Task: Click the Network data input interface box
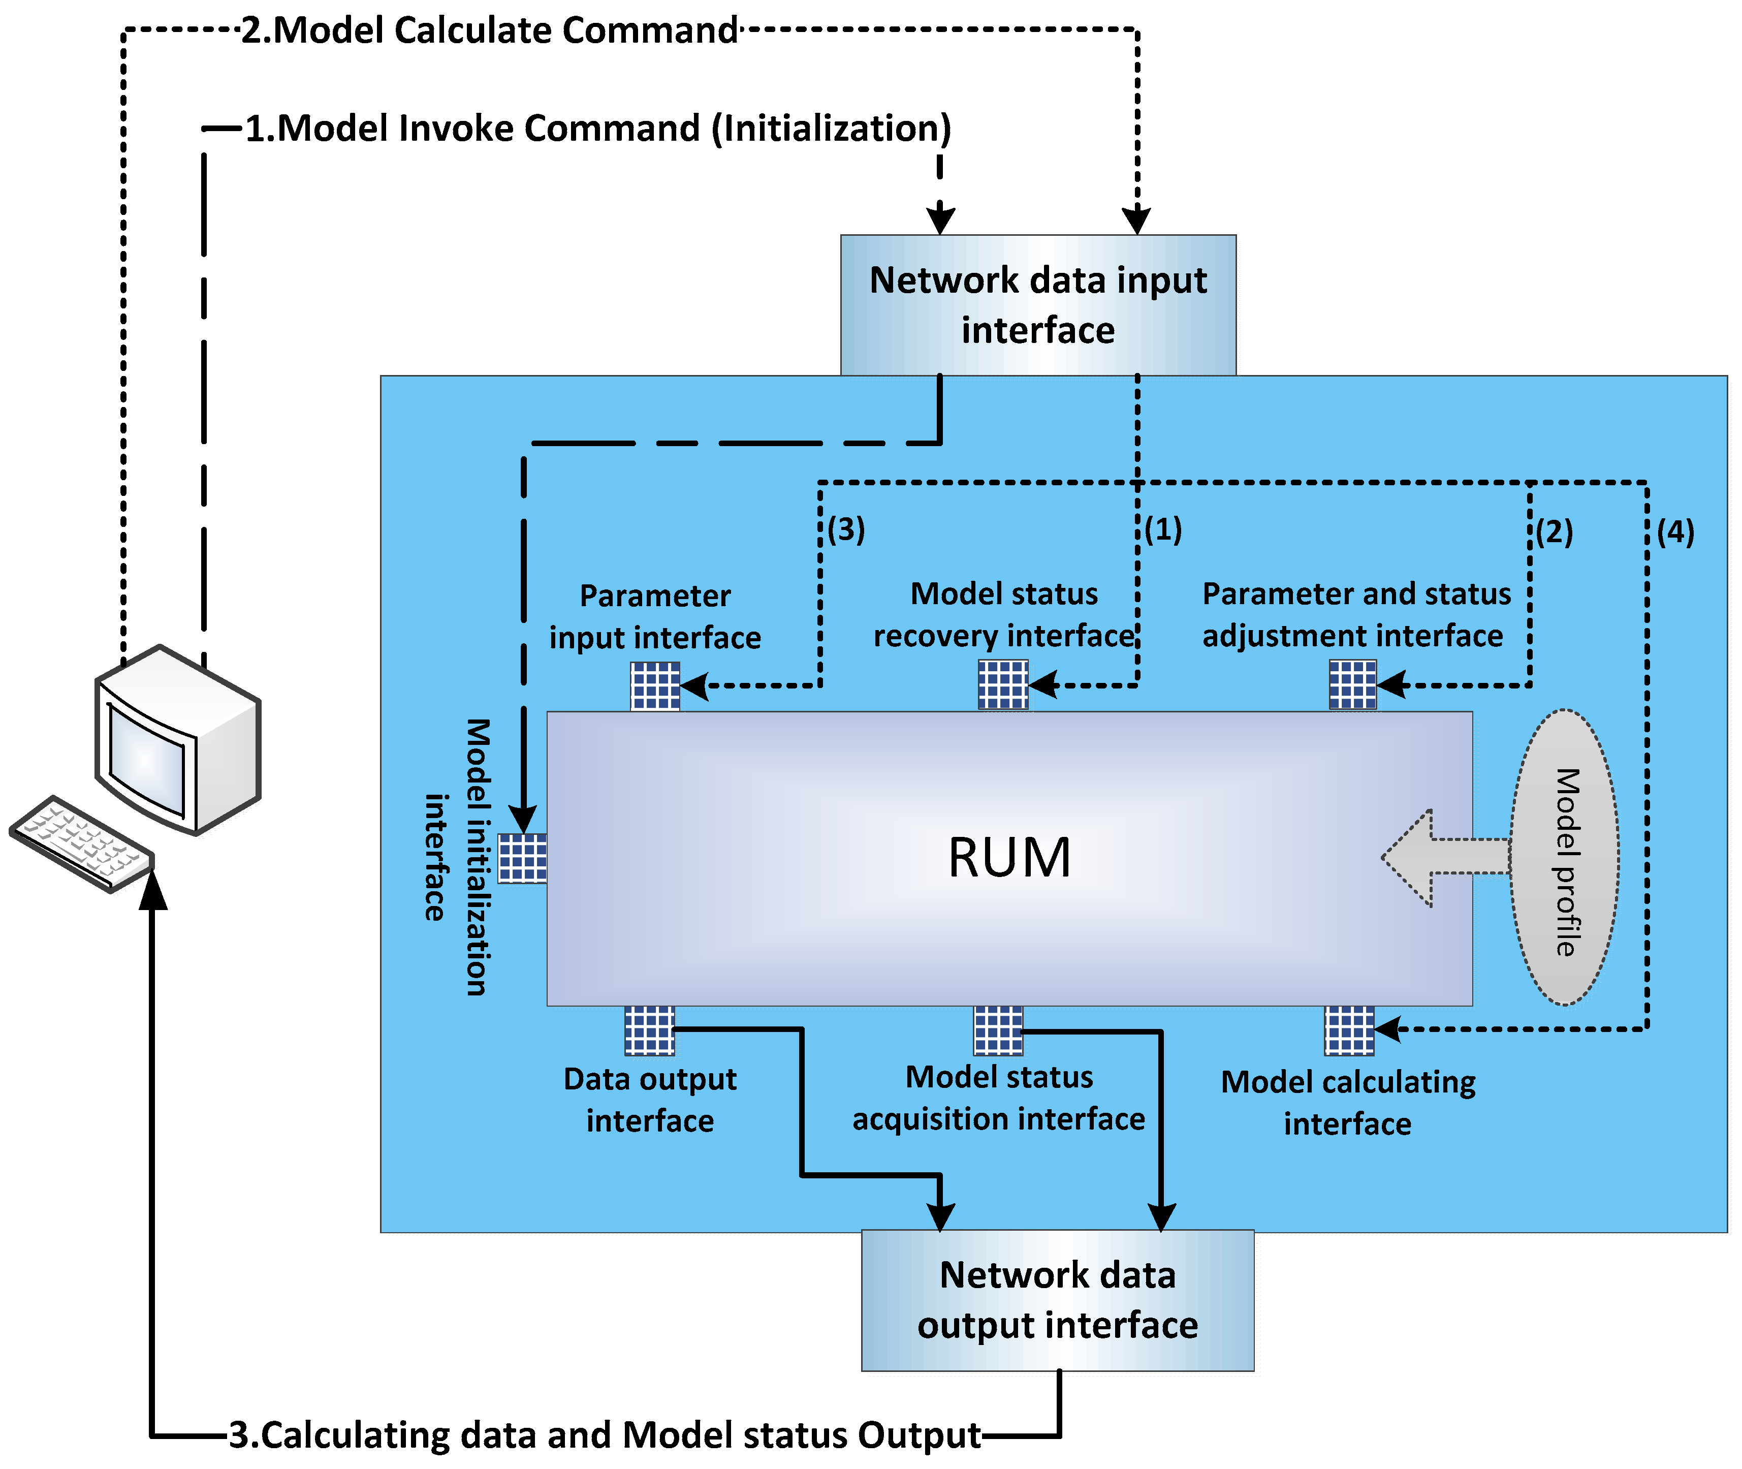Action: click(x=1037, y=305)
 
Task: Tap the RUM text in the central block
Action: click(x=1009, y=858)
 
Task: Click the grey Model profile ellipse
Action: click(x=1565, y=858)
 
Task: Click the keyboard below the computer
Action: click(x=82, y=843)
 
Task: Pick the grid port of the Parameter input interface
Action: click(x=655, y=685)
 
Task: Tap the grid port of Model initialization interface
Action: click(x=522, y=858)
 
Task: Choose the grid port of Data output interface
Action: click(x=649, y=1030)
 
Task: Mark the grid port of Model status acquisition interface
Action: click(x=998, y=1030)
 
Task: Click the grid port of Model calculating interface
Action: click(x=1349, y=1030)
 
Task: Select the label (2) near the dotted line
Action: click(x=1554, y=532)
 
